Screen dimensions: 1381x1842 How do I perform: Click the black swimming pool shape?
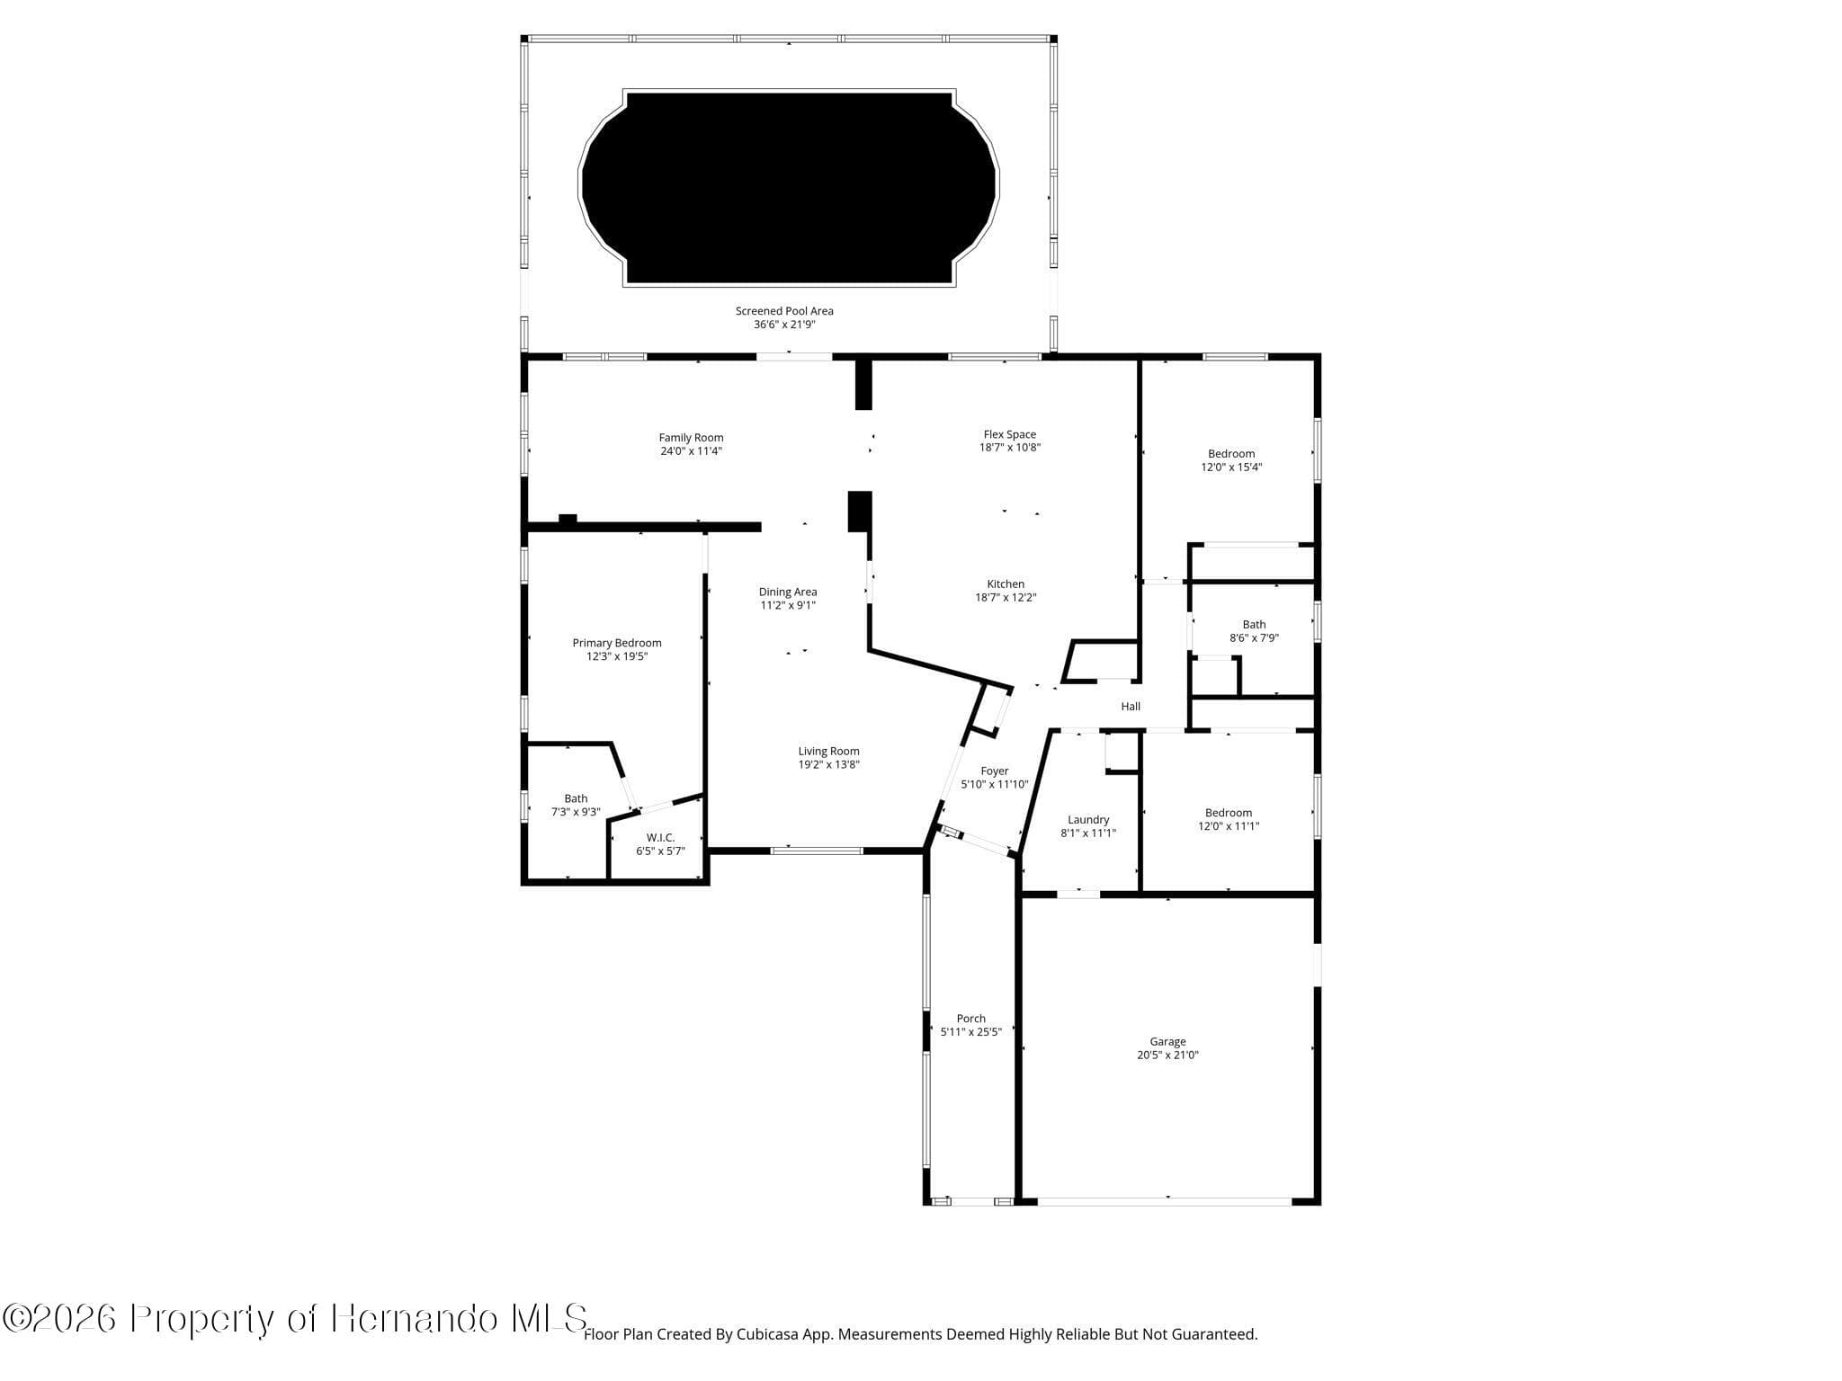789,187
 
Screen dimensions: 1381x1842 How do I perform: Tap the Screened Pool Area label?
784,311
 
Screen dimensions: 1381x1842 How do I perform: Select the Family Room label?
691,438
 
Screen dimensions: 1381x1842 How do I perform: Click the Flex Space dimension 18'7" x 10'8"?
1010,448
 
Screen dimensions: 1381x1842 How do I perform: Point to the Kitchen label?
1006,584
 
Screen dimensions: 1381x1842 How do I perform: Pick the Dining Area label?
788,592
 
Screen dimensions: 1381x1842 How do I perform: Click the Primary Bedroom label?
617,643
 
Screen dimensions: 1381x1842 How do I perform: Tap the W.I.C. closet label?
660,838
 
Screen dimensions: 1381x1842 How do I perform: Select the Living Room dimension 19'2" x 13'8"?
828,765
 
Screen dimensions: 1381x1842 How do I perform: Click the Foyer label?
994,771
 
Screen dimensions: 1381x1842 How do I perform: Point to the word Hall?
1131,707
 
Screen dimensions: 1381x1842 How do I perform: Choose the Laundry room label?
1088,820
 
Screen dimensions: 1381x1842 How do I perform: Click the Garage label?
1167,1042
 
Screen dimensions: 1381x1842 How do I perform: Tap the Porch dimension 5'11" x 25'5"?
970,1032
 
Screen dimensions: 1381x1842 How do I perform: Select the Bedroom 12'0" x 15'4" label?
1231,454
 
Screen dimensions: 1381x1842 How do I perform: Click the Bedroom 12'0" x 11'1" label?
1229,813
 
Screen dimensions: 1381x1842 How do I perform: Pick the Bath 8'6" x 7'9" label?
1254,625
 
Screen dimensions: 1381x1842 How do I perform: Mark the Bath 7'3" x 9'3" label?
576,798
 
